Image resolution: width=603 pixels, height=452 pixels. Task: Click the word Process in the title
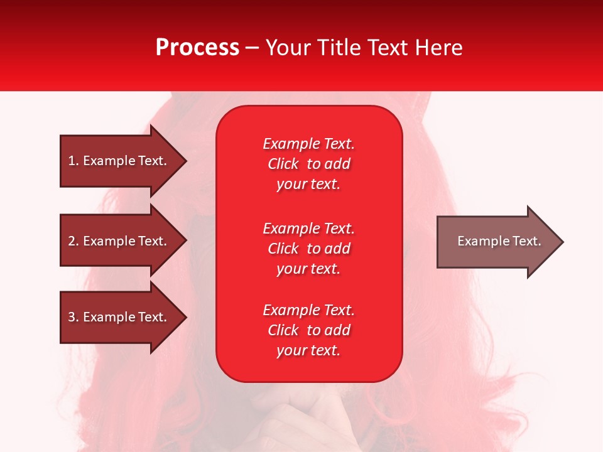click(x=197, y=48)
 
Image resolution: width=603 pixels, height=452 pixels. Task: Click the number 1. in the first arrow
click(x=73, y=161)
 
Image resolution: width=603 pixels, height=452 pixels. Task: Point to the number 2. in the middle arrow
click(x=73, y=241)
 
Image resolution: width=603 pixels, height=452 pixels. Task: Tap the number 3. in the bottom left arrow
click(x=73, y=317)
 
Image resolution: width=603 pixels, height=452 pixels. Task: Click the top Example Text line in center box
click(x=308, y=144)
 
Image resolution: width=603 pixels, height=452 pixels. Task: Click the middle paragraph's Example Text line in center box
click(x=308, y=229)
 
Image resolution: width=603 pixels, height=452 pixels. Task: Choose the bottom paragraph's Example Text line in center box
click(x=308, y=310)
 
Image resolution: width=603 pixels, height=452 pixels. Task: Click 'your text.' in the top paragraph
click(x=308, y=185)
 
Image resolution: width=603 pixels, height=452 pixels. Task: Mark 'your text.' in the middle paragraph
click(x=308, y=269)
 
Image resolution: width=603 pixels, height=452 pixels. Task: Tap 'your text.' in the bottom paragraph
click(x=308, y=351)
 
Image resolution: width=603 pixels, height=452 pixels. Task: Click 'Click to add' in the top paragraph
click(x=308, y=164)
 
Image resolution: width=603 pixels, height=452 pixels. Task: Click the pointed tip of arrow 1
click(x=185, y=161)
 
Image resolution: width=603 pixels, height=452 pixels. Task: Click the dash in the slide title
click(x=253, y=48)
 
